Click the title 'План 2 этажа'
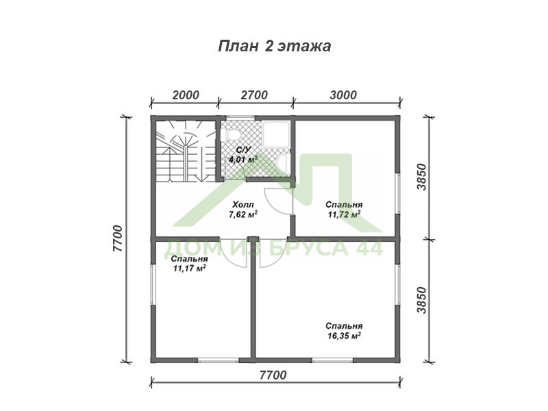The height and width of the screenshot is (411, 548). point(275,46)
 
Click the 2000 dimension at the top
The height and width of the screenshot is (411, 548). point(186,95)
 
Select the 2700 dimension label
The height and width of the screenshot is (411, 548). point(254,95)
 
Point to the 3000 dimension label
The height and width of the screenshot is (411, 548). point(344,95)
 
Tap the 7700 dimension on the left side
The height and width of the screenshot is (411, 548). point(118,238)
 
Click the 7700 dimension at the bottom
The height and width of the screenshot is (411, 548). point(273,375)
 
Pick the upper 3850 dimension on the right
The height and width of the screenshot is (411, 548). point(422,177)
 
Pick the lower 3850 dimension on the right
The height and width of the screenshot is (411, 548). point(422,300)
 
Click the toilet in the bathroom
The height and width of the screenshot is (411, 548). point(231,134)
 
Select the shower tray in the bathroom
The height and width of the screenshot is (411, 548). point(276,134)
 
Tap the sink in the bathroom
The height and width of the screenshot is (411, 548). point(282,164)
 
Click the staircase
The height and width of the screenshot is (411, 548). point(185,151)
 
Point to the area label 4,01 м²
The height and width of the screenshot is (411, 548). point(243,160)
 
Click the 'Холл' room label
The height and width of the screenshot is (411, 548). point(243,205)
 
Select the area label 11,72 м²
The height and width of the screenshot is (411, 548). point(344,214)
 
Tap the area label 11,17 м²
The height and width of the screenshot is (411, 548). point(189,269)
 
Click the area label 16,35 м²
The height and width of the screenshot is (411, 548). point(344,336)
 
